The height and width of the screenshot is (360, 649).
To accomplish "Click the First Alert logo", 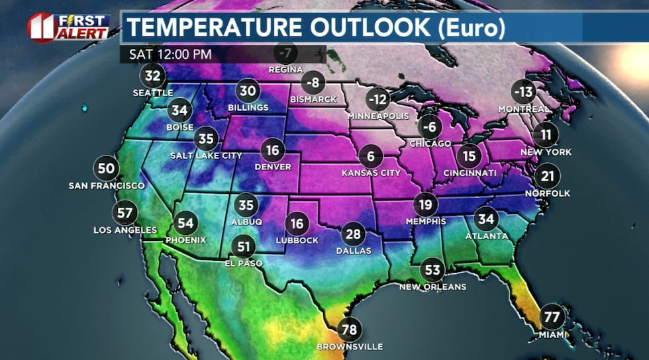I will [68, 26].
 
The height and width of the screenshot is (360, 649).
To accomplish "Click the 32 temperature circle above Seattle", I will [153, 76].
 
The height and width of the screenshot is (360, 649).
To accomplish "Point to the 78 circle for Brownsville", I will [350, 330].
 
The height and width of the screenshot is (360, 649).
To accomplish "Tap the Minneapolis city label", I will [378, 116].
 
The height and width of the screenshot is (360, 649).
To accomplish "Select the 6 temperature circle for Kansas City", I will [371, 157].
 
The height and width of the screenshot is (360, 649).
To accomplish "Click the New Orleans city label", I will [432, 287].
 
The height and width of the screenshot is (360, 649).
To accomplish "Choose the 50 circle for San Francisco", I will [106, 168].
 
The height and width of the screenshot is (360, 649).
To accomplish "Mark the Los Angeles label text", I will [125, 230].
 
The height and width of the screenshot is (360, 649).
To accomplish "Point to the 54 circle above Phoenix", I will [186, 224].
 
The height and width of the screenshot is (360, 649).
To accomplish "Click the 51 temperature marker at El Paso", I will [244, 247].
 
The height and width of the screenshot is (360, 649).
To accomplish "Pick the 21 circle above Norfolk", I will [547, 176].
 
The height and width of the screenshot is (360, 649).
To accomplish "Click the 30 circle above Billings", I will [248, 91].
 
